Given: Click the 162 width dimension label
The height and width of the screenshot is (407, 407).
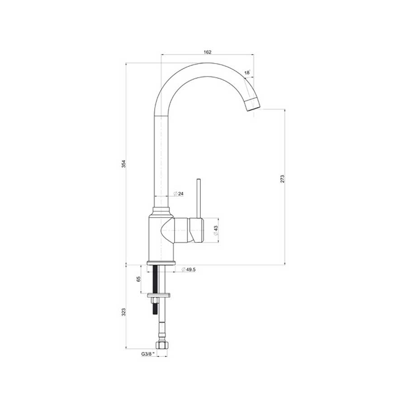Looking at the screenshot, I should (x=207, y=52).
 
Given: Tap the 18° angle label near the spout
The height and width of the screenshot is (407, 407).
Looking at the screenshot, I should (x=247, y=72).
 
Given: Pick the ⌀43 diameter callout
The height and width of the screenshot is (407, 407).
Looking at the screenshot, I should (x=216, y=230).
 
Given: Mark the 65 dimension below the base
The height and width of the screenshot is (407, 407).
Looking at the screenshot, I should (x=138, y=279).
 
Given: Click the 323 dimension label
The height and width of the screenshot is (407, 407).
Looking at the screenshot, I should (x=123, y=312).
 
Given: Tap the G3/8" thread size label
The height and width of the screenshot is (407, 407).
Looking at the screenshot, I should (x=148, y=354).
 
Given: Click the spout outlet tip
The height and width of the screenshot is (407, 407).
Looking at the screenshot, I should (x=253, y=105).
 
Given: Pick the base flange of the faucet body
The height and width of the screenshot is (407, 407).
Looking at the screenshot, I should (x=161, y=263).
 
